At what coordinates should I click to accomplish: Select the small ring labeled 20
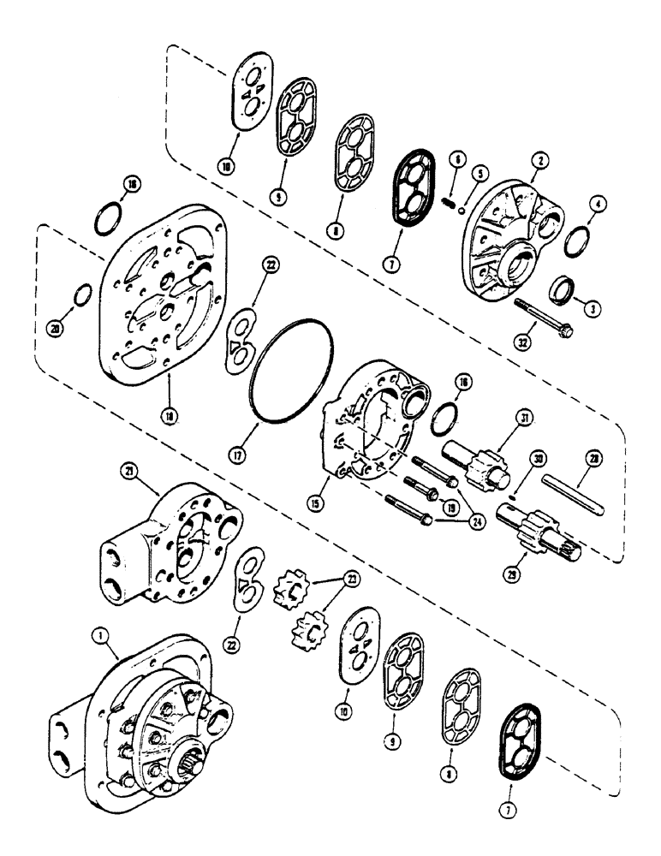pos(82,297)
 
